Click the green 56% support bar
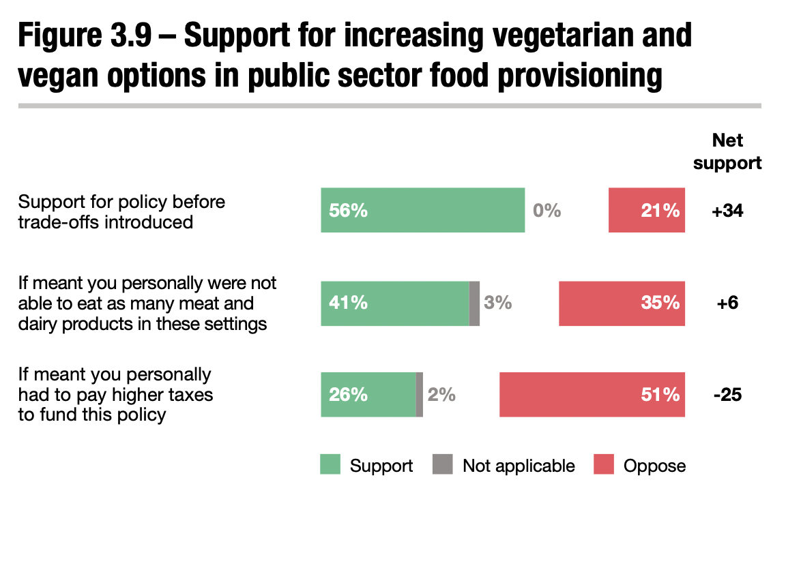422,210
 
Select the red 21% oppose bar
646,210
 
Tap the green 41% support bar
395,303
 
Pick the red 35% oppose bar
622,303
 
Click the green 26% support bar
368,394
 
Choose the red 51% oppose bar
592,394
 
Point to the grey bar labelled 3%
475,303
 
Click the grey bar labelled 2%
420,394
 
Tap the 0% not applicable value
547,211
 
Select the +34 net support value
727,211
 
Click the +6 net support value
727,303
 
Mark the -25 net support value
727,394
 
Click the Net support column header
727,151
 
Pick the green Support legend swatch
330,465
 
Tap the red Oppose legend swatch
604,465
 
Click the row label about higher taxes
115,394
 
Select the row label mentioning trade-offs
121,211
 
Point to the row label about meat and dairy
147,303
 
